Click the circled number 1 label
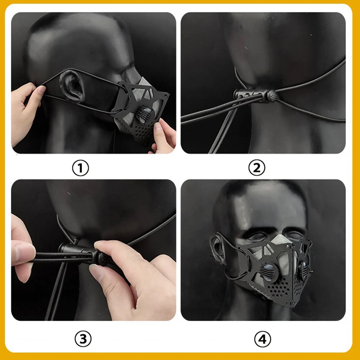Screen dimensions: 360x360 point(80,168)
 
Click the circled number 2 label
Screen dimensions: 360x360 point(257,168)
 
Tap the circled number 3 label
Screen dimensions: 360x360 point(83,339)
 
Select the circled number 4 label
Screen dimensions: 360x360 point(262,339)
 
